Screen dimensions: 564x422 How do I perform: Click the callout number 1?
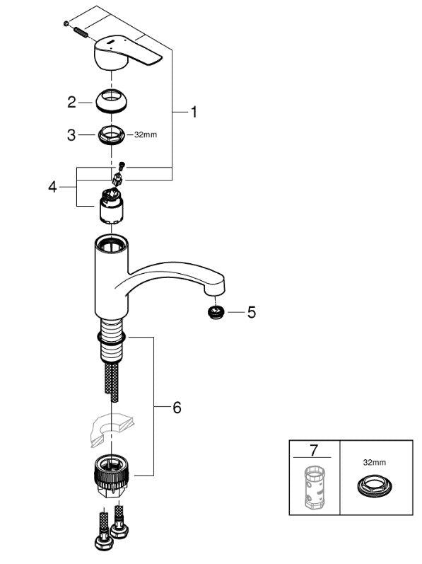[x=194, y=112]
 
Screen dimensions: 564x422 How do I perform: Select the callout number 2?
[x=71, y=103]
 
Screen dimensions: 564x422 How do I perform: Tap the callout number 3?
[x=71, y=134]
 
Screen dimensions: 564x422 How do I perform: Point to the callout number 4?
[x=52, y=188]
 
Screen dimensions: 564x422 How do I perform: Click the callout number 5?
[x=252, y=312]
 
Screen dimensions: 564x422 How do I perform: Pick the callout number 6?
[x=177, y=408]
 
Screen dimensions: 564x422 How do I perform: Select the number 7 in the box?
[x=314, y=450]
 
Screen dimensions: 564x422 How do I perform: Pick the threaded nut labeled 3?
[x=112, y=134]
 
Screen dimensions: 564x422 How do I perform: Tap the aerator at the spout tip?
[x=215, y=311]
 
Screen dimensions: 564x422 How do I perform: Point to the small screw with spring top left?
[x=76, y=30]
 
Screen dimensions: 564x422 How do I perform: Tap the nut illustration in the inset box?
[x=371, y=487]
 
